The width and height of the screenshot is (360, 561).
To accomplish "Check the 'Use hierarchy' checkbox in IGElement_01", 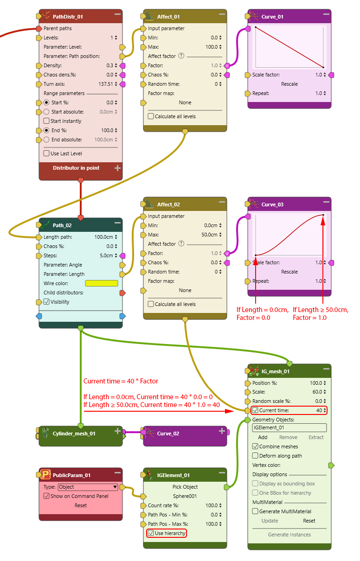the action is pos(151,533).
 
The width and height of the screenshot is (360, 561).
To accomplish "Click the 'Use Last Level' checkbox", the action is pos(46,153).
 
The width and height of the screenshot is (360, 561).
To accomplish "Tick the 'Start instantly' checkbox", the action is pos(46,121).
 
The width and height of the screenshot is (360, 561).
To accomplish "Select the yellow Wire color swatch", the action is pos(102,283).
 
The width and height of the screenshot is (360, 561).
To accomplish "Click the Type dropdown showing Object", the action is pos(88,487).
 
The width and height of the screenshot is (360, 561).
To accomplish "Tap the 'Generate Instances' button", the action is pos(289,535).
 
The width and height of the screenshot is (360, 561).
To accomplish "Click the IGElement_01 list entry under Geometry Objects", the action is pos(289,428).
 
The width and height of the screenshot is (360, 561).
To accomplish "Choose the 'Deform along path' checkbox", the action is pos(255,456).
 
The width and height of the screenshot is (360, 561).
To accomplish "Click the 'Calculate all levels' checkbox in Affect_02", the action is pos(151,304).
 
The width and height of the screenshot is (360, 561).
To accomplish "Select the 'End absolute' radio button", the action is pos(46,140).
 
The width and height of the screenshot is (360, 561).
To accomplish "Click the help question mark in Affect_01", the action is pos(181,56).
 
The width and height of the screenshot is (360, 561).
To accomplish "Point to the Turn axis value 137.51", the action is pos(105,84).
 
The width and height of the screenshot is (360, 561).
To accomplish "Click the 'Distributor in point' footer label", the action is pos(76,168).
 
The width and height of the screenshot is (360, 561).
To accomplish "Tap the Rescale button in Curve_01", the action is pos(289,84).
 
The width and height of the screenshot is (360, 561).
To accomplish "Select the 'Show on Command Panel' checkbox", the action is pos(46,496).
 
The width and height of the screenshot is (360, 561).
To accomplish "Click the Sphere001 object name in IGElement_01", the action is pos(185,496).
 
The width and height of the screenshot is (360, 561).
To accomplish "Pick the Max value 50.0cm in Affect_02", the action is pos(209,235).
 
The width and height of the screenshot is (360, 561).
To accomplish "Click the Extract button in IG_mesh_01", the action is pos(316,437).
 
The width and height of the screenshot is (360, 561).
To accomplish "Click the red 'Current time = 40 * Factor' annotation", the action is pos(121,381).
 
